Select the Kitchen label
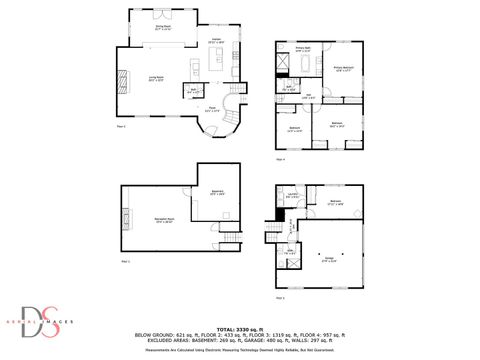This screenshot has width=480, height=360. (x=215, y=40)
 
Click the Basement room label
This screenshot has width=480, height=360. (x=218, y=193)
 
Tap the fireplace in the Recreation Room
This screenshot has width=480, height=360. (x=127, y=219)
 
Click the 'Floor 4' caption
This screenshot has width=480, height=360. (x=281, y=158)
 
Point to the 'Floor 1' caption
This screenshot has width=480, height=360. (x=126, y=260)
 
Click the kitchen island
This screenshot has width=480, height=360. (x=193, y=67)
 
